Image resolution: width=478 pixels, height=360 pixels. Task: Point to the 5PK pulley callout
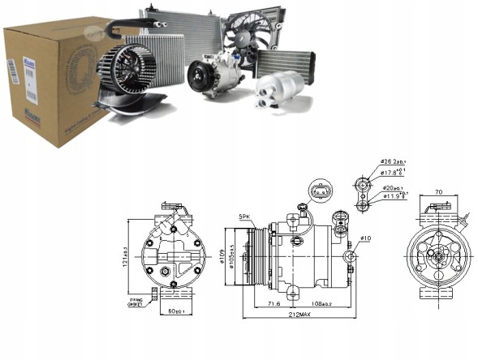click(244, 216)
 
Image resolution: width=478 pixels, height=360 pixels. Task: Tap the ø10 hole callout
click(366, 238)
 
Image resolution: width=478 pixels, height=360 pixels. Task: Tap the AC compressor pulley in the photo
click(200, 78)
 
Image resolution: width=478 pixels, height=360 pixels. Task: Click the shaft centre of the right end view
click(436, 255)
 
